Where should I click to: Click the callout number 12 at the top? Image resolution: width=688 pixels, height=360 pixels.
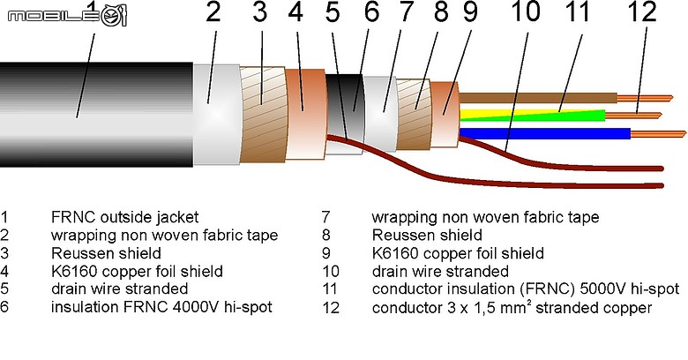[642, 11]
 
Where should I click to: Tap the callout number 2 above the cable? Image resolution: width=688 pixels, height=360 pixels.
[213, 11]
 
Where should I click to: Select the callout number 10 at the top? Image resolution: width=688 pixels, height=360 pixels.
[526, 11]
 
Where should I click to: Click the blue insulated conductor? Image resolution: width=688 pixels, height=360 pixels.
[544, 134]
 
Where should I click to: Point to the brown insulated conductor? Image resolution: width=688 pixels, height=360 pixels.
[538, 98]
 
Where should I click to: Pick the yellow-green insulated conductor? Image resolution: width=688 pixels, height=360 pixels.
[532, 116]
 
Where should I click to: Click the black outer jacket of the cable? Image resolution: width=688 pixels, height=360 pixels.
[96, 115]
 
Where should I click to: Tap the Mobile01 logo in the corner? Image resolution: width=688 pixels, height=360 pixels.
[67, 16]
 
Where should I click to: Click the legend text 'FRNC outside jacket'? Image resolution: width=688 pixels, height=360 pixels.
[124, 217]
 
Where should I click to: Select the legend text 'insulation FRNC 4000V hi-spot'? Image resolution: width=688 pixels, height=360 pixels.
[161, 307]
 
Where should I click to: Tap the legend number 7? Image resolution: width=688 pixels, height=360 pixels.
[325, 217]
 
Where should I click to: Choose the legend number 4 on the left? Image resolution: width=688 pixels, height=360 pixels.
[4, 271]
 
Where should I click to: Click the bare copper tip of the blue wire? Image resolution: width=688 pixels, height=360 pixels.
[658, 134]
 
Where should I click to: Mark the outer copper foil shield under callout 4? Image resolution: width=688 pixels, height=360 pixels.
[305, 114]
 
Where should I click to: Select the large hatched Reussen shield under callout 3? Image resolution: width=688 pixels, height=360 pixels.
[263, 115]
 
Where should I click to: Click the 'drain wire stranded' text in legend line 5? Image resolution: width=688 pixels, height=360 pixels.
[119, 289]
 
